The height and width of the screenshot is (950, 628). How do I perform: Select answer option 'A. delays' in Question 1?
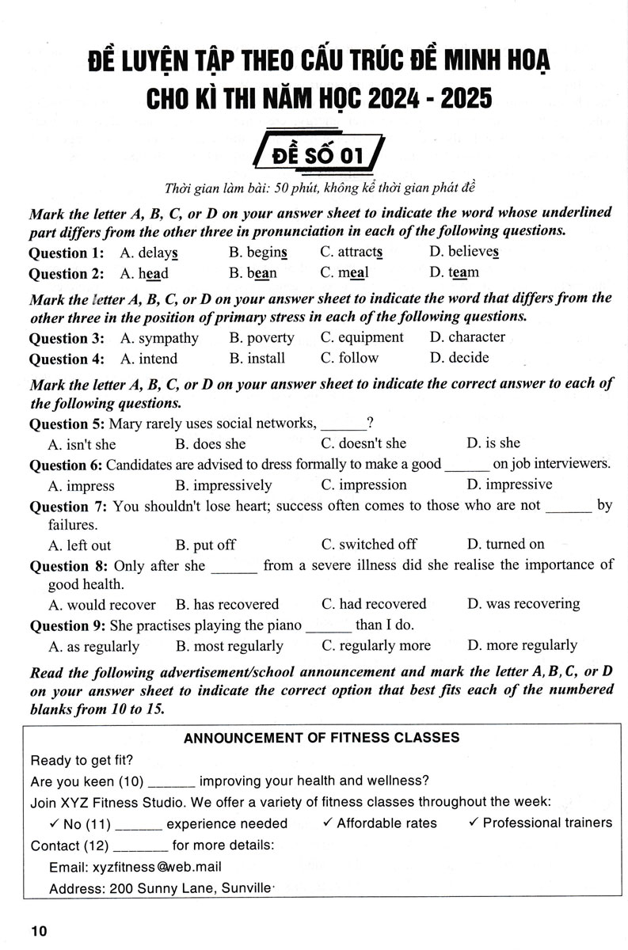[x=148, y=253]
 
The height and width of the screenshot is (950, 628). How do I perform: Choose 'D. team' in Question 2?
[x=454, y=273]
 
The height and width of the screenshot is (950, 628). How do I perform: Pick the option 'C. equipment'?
[x=362, y=337]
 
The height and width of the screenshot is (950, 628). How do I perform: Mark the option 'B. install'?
[x=257, y=358]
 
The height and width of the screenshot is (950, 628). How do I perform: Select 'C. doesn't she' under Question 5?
[x=363, y=443]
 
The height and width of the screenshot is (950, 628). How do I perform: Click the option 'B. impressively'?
[x=223, y=485]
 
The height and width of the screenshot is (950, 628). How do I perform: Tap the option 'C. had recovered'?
[x=374, y=604]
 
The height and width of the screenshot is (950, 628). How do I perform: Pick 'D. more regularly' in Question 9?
[x=522, y=645]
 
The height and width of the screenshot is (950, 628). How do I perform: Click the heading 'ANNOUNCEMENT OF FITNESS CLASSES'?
[x=321, y=738]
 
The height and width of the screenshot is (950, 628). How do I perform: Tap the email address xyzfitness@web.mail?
[x=135, y=867]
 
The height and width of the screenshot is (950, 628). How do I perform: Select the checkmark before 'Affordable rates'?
[x=328, y=823]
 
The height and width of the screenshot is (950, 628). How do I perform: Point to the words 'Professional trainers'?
[x=547, y=823]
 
